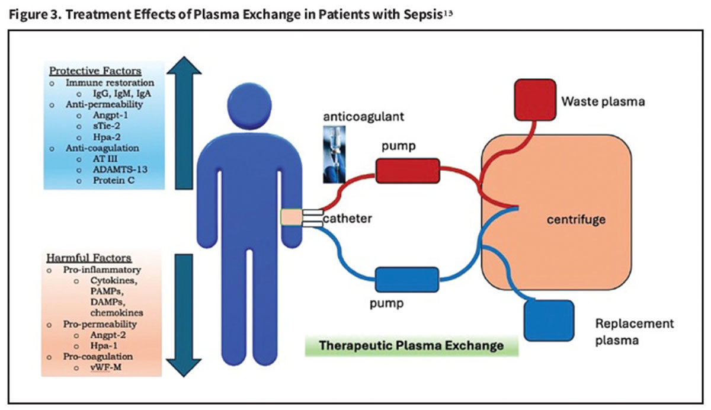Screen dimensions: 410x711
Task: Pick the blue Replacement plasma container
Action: [x=549, y=321]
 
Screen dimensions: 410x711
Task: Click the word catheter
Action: [x=347, y=219]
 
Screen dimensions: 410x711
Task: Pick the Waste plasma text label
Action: [x=603, y=101]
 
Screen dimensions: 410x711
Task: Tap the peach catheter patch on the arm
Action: [x=292, y=219]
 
